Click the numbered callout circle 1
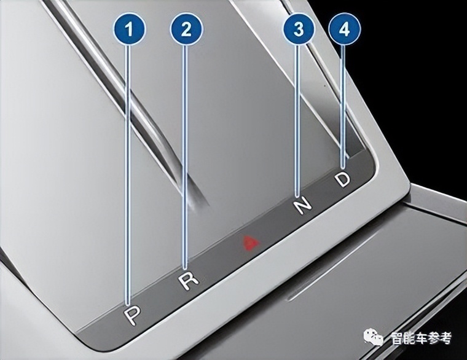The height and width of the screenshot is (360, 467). [129, 29]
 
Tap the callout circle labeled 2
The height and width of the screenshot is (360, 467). [186, 29]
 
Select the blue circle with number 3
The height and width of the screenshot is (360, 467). [299, 29]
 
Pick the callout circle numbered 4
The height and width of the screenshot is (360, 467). [344, 29]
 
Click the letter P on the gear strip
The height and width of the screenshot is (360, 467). [132, 316]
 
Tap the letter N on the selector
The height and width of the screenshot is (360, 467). [302, 205]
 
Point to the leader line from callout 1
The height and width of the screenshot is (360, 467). [128, 175]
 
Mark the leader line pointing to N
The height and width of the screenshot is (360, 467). [298, 121]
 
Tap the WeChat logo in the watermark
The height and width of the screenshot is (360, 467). [374, 337]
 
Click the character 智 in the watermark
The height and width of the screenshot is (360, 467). [398, 338]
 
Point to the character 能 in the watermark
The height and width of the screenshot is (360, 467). [410, 338]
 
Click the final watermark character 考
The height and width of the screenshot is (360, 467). [445, 338]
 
